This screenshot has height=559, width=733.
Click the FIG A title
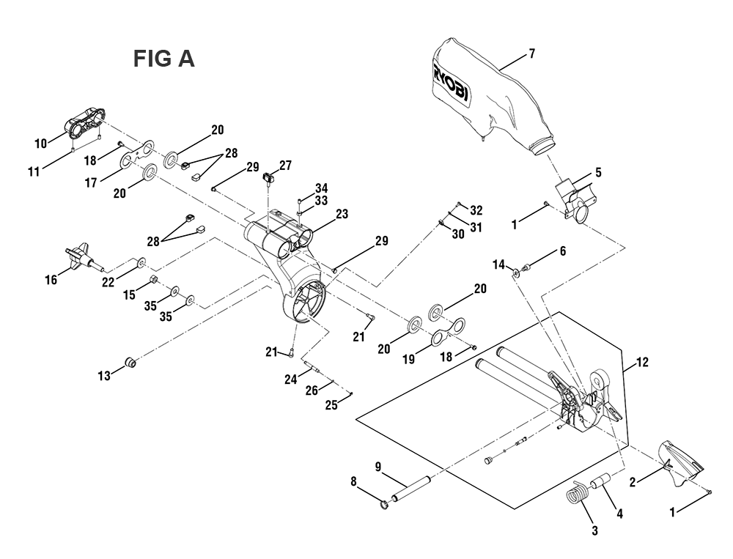(x=163, y=59)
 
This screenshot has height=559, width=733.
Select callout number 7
(x=531, y=53)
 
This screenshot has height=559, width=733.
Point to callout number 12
(x=643, y=362)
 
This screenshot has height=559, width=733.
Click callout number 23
(x=342, y=215)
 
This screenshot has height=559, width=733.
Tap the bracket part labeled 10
(x=84, y=123)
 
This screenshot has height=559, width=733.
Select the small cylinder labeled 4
(x=601, y=481)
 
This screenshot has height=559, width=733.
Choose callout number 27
(x=285, y=166)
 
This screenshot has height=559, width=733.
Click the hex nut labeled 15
(x=153, y=281)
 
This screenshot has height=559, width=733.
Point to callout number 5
(x=598, y=173)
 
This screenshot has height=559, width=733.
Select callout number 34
(x=321, y=188)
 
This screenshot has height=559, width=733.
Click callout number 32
(x=476, y=210)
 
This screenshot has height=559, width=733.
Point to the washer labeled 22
(x=141, y=263)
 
